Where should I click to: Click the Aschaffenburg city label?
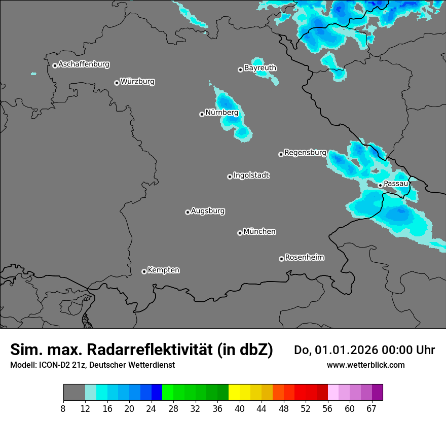click(x=84, y=64)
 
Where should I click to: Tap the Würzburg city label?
click(x=137, y=82)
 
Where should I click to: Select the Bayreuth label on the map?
click(x=260, y=68)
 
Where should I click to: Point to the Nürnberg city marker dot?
click(x=202, y=114)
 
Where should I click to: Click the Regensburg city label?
click(x=305, y=153)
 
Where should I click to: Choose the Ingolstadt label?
click(x=251, y=176)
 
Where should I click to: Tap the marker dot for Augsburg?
click(x=188, y=212)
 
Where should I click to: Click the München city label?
click(x=259, y=232)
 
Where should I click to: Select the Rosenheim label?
click(x=304, y=258)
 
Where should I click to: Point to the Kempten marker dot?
click(x=144, y=271)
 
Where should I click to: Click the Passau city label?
click(x=396, y=184)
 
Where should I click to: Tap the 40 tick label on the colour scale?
click(x=240, y=409)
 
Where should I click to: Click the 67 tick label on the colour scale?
click(x=371, y=409)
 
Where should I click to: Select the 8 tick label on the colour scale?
click(x=63, y=409)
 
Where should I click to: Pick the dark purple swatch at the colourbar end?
click(x=377, y=393)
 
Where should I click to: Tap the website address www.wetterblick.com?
click(x=365, y=365)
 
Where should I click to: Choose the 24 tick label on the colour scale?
click(x=152, y=409)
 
